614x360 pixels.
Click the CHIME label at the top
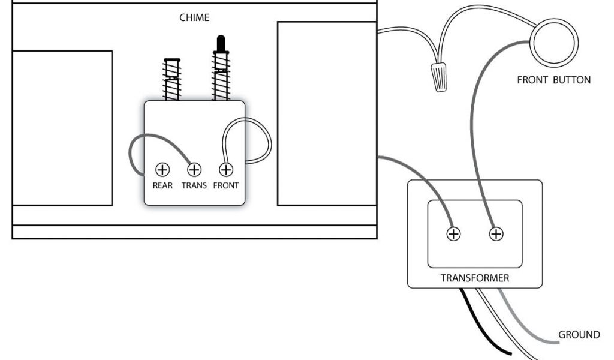coord(194,18)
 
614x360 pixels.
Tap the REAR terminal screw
coord(162,170)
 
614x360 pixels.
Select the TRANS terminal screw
coord(194,170)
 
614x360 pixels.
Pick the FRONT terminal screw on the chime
coord(226,170)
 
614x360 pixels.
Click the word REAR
coord(162,185)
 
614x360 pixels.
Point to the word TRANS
coord(194,185)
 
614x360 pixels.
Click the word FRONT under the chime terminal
coord(226,185)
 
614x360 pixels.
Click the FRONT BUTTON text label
coord(553,80)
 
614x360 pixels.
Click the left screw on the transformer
coord(454,234)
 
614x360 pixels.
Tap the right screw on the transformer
coord(496,234)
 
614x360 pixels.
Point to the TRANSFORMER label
coord(475,278)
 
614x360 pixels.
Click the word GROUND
coord(579,335)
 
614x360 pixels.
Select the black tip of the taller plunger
coord(220,44)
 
